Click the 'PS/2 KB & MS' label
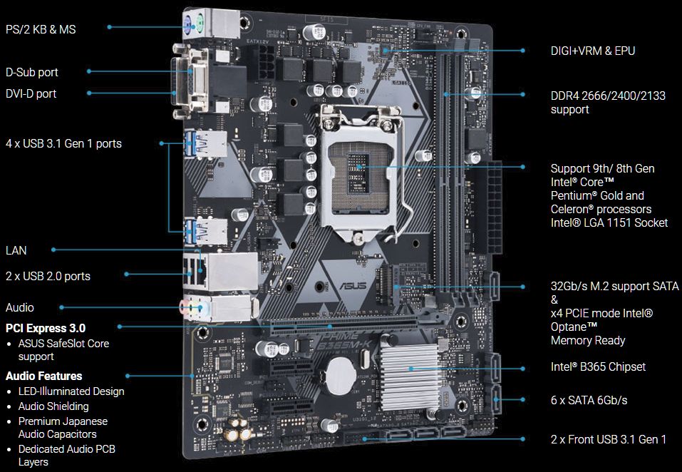[41, 29]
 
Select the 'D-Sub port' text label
[32, 72]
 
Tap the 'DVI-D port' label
[31, 93]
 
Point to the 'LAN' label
[16, 250]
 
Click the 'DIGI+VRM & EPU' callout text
[593, 51]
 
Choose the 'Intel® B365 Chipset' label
[598, 366]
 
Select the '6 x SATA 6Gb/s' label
[589, 400]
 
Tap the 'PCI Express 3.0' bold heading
[46, 328]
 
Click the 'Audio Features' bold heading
[44, 376]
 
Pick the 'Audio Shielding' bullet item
[53, 406]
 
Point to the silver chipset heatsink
[409, 371]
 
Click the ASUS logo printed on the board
[353, 286]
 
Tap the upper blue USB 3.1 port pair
[205, 144]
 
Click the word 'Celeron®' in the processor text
[572, 209]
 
